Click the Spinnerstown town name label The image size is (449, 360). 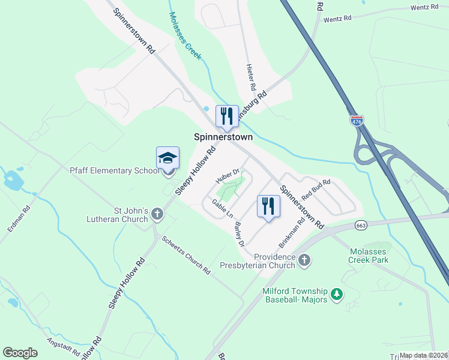pos(223,137)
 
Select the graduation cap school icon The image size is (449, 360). pos(167,158)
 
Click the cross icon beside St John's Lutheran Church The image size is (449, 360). pos(157,213)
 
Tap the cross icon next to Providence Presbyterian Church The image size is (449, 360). pos(304,260)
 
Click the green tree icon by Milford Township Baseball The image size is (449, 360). pos(337,294)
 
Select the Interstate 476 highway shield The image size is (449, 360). pos(357,121)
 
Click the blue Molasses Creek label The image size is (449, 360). pos(184,36)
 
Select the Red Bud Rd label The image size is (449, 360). pos(316,189)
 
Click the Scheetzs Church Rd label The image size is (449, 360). pos(186,254)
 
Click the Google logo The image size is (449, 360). pos(20,353)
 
